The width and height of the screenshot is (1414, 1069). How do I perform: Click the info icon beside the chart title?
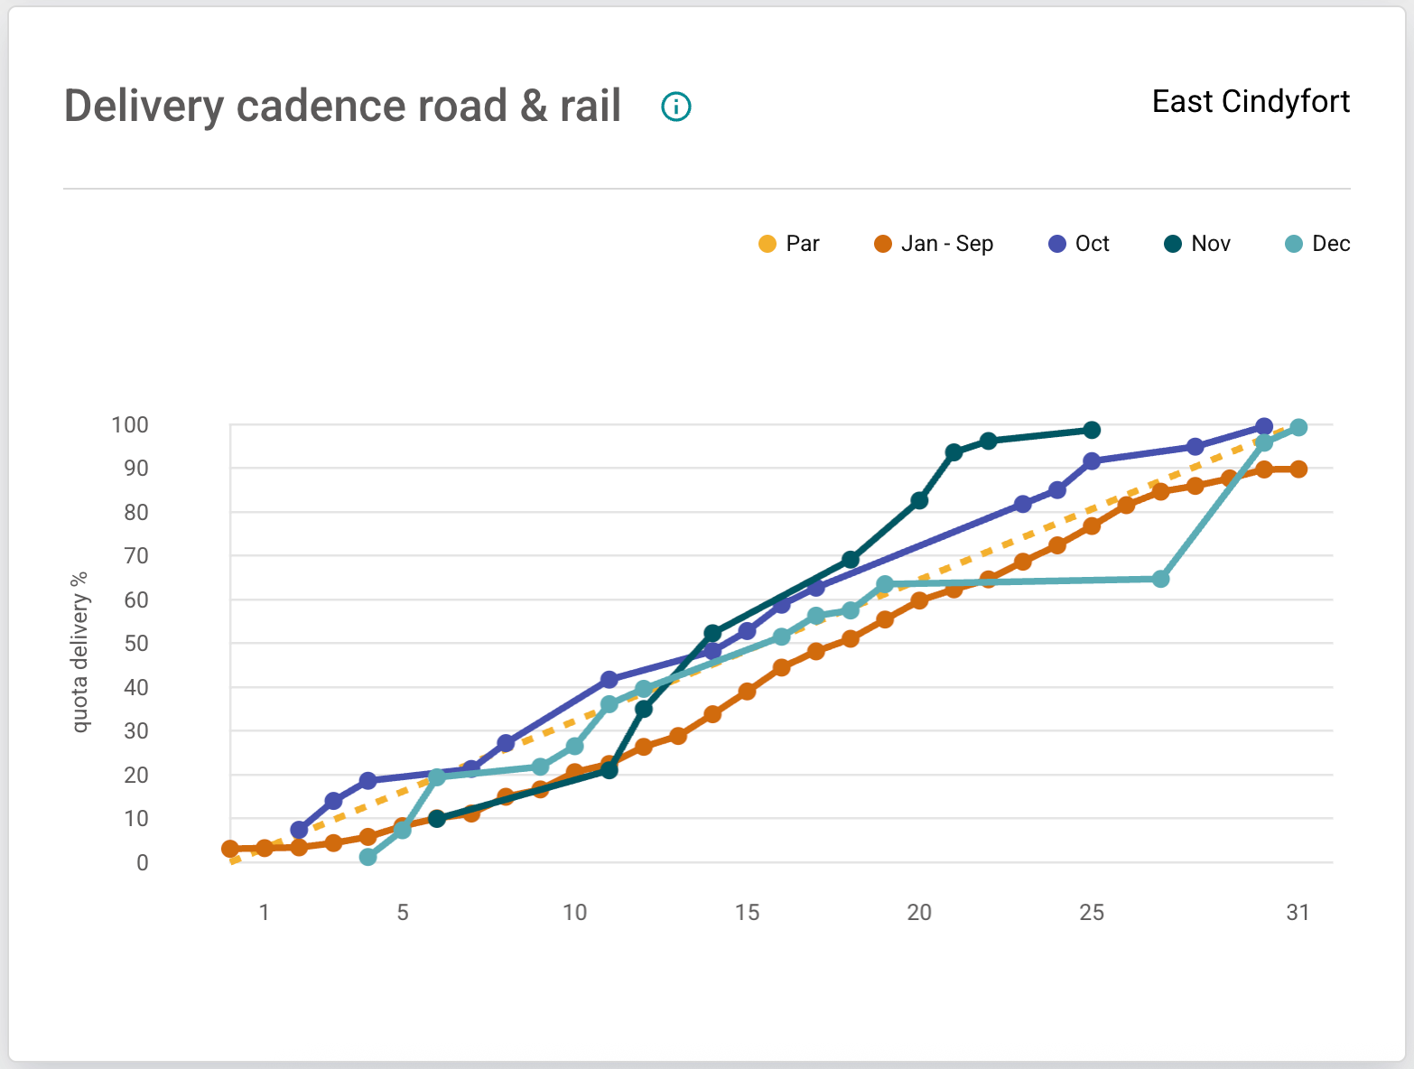[676, 107]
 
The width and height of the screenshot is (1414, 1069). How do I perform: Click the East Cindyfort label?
[1251, 101]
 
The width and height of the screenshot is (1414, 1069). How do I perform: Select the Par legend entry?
[788, 244]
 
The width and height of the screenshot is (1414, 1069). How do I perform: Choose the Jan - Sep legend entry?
[934, 244]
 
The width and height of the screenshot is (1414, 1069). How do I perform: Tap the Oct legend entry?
[1079, 244]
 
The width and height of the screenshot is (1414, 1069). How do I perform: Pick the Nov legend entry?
[1197, 244]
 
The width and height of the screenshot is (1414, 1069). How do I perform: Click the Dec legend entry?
[1317, 244]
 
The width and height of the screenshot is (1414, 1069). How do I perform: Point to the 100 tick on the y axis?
[130, 424]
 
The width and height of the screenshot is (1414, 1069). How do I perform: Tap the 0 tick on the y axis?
[143, 863]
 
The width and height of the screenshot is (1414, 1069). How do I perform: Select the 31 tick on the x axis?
[1298, 913]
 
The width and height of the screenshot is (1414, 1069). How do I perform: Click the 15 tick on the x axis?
[747, 913]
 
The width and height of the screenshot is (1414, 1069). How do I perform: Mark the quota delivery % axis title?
[80, 652]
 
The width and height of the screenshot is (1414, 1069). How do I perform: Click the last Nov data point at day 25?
[1092, 430]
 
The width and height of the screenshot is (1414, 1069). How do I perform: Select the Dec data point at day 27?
[1161, 579]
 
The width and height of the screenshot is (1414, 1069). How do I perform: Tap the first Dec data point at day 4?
[367, 857]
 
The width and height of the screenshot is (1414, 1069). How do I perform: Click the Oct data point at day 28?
[1195, 447]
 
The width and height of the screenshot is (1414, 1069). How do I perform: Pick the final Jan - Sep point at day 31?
[1298, 469]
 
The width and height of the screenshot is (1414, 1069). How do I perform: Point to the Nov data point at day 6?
[437, 819]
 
